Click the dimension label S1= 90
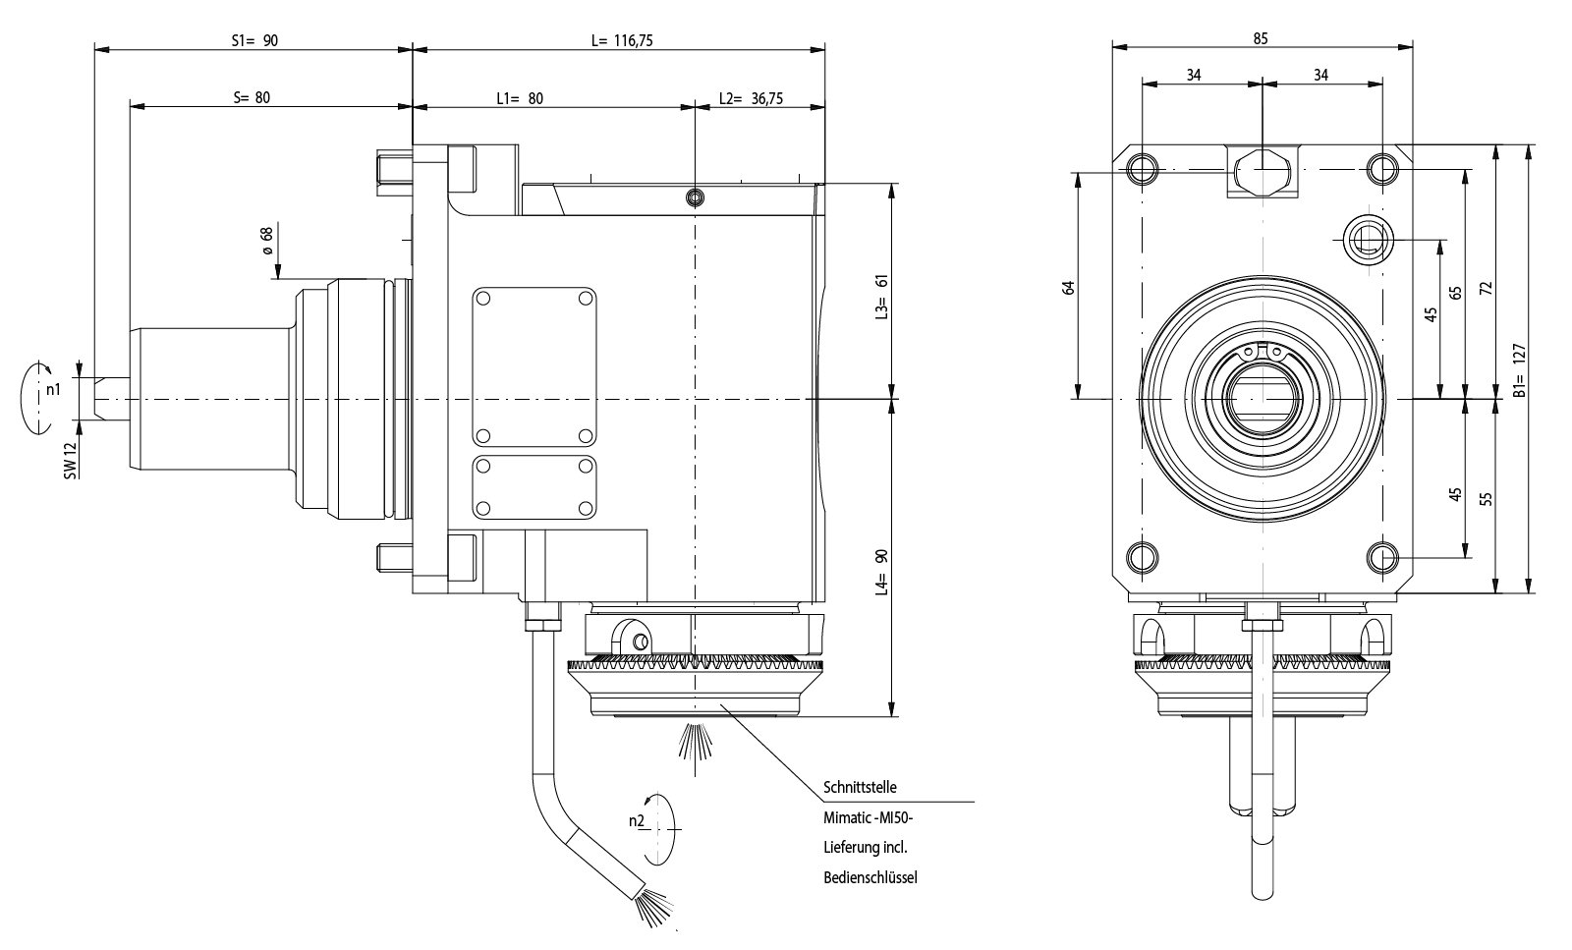click(254, 41)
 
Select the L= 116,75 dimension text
click(621, 41)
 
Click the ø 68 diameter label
click(265, 242)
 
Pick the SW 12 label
click(70, 461)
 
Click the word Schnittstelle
click(860, 788)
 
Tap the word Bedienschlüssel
click(870, 877)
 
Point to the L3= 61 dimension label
click(881, 295)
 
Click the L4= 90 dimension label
click(881, 572)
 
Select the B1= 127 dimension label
click(1518, 369)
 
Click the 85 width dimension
click(1261, 39)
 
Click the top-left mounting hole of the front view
click(1143, 169)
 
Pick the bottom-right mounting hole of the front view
click(1382, 557)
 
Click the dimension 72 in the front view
click(1486, 287)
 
